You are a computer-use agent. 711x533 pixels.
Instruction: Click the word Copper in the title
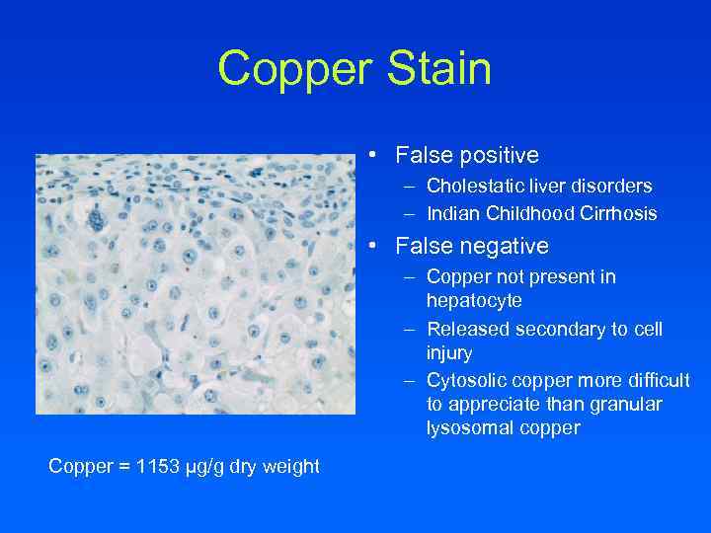pyautogui.click(x=286, y=69)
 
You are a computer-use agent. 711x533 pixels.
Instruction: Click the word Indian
pyautogui.click(x=451, y=213)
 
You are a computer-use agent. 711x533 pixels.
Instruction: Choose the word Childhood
pyautogui.click(x=532, y=213)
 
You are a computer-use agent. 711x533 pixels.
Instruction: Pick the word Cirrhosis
pyautogui.click(x=622, y=213)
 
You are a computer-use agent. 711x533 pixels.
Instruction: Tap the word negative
pyautogui.click(x=502, y=246)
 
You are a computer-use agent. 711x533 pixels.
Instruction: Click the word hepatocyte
pyautogui.click(x=474, y=300)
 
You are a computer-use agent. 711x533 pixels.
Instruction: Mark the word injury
pyautogui.click(x=449, y=352)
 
